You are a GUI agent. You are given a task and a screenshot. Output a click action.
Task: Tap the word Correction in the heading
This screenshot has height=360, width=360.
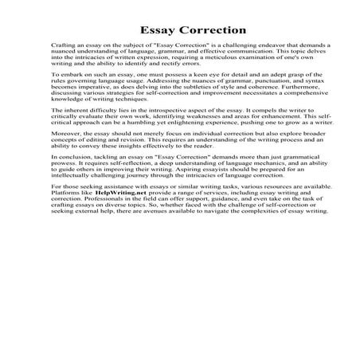click(205, 29)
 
